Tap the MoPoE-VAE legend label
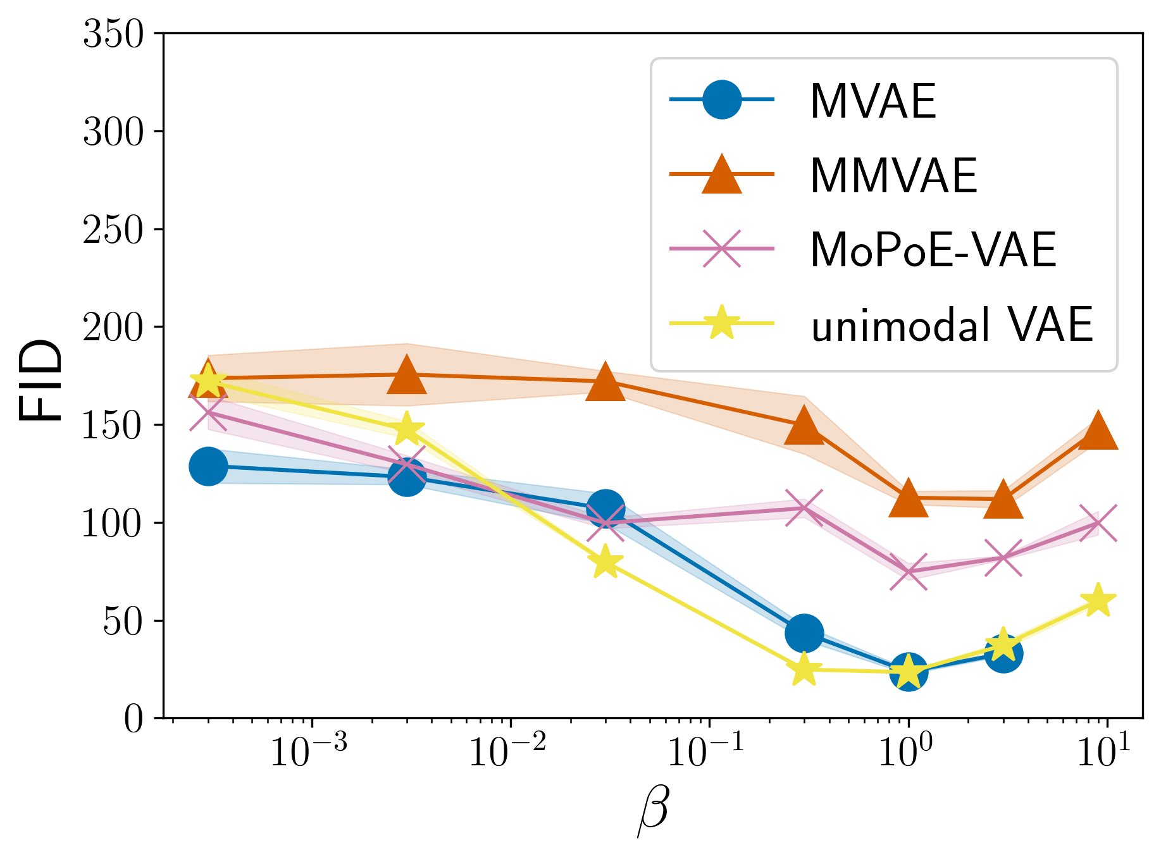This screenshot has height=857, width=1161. point(933,250)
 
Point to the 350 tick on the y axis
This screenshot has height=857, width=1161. point(114,34)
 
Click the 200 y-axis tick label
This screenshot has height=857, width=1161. point(114,328)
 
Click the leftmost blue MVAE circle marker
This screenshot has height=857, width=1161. point(208,467)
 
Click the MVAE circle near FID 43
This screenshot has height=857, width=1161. point(804,633)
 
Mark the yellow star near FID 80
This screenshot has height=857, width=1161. point(605,562)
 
